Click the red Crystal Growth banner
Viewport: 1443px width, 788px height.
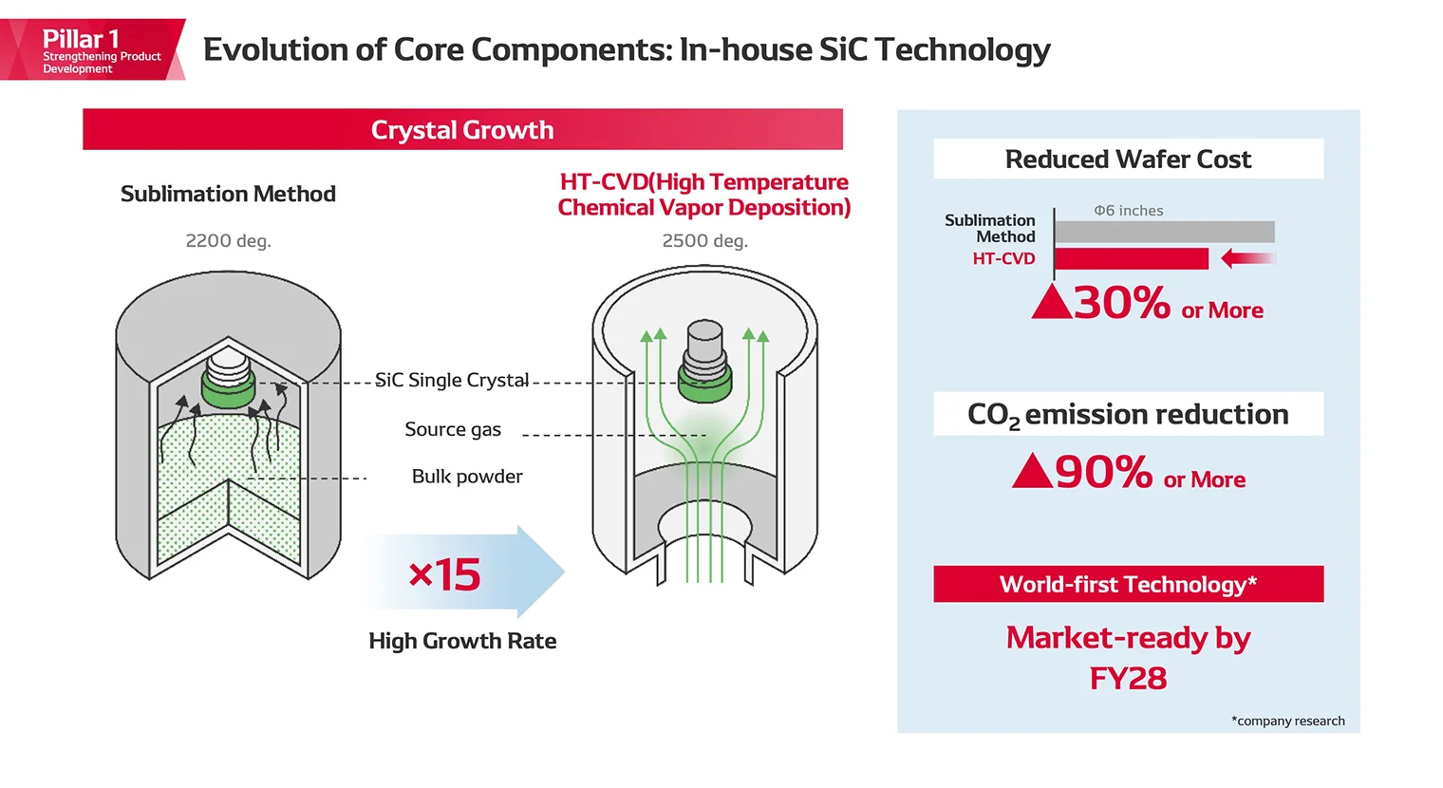[x=462, y=130]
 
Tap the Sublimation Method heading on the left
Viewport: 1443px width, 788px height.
[x=228, y=195]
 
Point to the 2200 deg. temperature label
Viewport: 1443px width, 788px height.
[x=228, y=241]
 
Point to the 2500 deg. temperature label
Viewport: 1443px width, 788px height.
[x=704, y=241]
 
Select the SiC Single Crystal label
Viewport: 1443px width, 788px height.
[x=452, y=381]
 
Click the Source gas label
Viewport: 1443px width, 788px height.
[x=453, y=430]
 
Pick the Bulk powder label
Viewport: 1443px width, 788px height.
[x=467, y=477]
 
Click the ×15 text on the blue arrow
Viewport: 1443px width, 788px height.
[x=444, y=575]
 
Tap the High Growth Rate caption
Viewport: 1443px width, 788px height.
[x=462, y=642]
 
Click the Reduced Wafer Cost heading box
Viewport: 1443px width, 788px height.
[x=1128, y=159]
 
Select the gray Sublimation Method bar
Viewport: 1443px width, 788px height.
[x=1164, y=232]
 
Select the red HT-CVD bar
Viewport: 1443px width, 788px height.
[x=1132, y=258]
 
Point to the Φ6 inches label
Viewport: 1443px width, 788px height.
[x=1128, y=211]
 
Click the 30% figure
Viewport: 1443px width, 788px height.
[x=1121, y=304]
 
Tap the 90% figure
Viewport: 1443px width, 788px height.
[x=1103, y=472]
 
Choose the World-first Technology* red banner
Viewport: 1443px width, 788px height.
[x=1128, y=585]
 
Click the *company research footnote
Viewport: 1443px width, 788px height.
[x=1287, y=722]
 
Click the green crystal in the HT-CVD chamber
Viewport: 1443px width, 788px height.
[x=704, y=385]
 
